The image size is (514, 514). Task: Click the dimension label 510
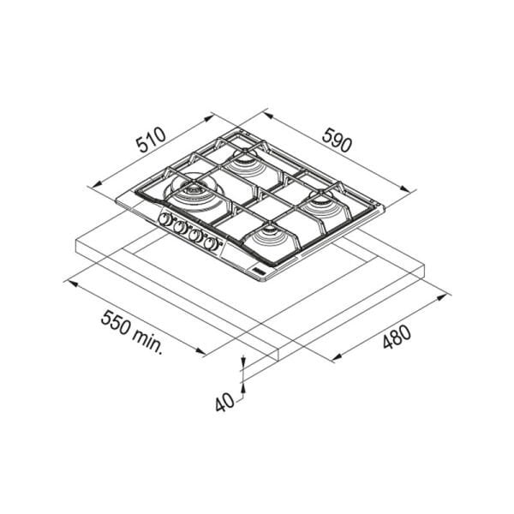pyautogui.click(x=152, y=140)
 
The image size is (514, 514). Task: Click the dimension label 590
pyautogui.click(x=337, y=140)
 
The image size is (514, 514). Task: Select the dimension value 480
pyautogui.click(x=397, y=337)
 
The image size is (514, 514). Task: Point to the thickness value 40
pyautogui.click(x=224, y=402)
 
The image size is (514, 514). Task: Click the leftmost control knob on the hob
pyautogui.click(x=164, y=219)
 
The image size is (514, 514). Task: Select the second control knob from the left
pyautogui.click(x=179, y=227)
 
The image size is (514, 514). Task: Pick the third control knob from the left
pyautogui.click(x=195, y=236)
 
